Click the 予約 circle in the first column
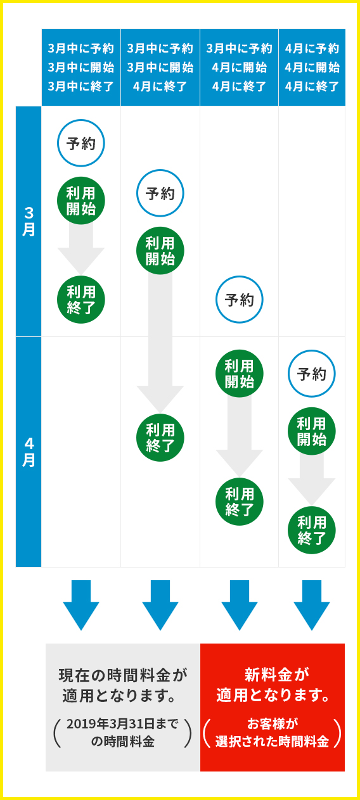[x=81, y=143]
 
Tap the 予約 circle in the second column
[x=160, y=193]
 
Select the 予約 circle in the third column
[x=239, y=299]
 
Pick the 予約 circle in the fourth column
[x=312, y=374]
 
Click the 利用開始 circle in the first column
[x=81, y=200]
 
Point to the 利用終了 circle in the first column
[x=81, y=299]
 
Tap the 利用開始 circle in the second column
[x=160, y=250]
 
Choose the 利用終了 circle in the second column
[x=160, y=438]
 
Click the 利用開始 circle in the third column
[x=239, y=373]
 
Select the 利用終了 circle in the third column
[x=239, y=502]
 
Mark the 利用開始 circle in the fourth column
[x=312, y=431]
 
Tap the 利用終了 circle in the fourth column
[x=312, y=530]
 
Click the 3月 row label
[x=29, y=222]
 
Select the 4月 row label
[x=29, y=452]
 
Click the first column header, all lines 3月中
[x=81, y=68]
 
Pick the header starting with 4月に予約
[x=312, y=68]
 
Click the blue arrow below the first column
[x=81, y=605]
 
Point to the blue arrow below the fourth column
[x=312, y=605]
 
